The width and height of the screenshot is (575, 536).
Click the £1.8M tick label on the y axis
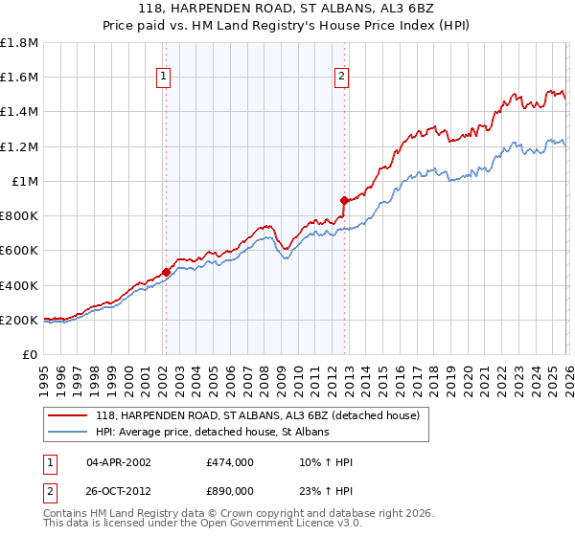[19, 42]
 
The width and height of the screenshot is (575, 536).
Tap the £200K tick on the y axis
[19, 320]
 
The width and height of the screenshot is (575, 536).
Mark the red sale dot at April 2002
[166, 272]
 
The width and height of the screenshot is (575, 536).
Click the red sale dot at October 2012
[343, 200]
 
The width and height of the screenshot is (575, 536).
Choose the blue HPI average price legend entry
[212, 433]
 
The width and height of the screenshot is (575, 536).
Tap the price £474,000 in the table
[229, 462]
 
